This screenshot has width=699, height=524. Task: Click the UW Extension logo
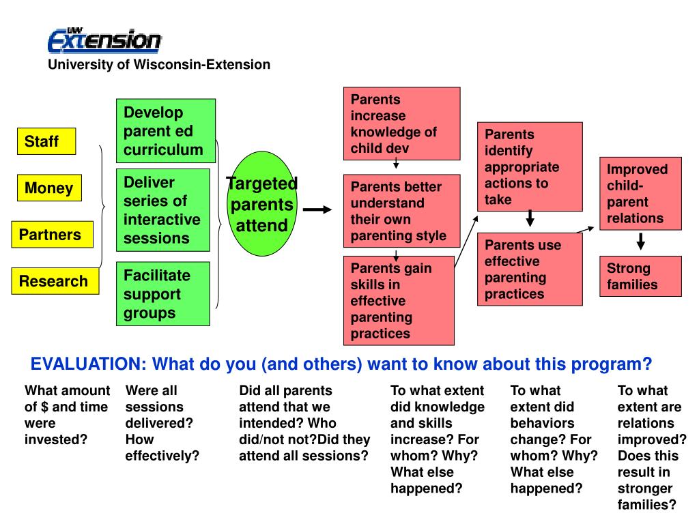(x=104, y=40)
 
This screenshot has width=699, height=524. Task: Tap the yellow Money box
(x=49, y=188)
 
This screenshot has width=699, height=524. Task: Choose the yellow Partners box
(x=49, y=235)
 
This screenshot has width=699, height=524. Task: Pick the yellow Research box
(x=54, y=281)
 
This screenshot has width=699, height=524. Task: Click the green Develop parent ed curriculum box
(x=166, y=131)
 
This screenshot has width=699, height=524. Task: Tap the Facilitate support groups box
(x=163, y=294)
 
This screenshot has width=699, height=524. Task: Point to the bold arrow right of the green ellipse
(x=317, y=210)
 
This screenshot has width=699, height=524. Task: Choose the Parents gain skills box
(x=399, y=300)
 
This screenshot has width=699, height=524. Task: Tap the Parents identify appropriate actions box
(x=529, y=166)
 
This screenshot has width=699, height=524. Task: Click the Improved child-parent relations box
(x=640, y=193)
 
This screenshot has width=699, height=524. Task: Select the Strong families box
(x=640, y=276)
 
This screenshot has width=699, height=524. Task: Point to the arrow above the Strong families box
(x=640, y=242)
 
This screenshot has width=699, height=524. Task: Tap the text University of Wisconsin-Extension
(x=158, y=65)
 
